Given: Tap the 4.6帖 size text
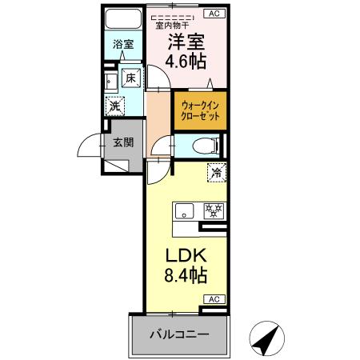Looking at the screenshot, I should (x=185, y=62).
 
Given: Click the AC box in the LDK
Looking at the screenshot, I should (x=214, y=299).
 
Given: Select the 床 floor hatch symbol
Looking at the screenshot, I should (x=132, y=78).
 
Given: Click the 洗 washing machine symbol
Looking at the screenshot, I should (x=116, y=105).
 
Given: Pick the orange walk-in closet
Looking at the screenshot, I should (x=199, y=110).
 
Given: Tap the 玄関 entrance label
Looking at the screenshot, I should (x=122, y=143).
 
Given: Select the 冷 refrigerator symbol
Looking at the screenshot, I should (x=215, y=171).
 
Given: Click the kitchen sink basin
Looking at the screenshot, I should (x=183, y=212).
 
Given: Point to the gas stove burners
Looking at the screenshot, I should (x=212, y=211).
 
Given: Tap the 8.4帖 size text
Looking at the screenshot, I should (x=186, y=277).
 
